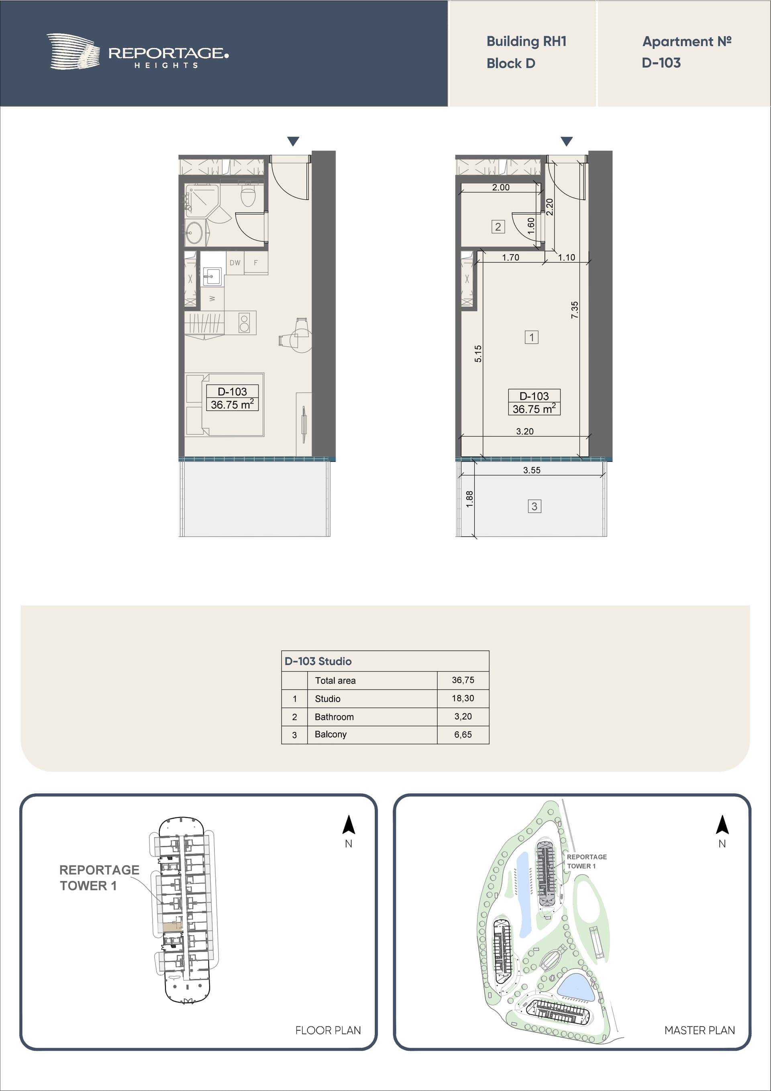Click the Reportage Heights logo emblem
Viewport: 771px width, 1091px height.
pos(73,51)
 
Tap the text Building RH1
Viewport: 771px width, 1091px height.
pos(526,41)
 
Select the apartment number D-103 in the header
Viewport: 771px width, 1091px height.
pos(661,63)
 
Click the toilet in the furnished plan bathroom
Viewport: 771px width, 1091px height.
pos(248,196)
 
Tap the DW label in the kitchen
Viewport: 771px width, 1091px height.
pos(235,262)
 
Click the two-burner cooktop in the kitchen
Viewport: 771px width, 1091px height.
pos(244,323)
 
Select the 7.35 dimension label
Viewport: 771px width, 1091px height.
pos(575,310)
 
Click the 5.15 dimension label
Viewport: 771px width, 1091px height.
pos(478,353)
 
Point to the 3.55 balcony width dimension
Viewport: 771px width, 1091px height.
pos(532,470)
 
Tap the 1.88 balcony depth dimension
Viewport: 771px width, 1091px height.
pos(470,499)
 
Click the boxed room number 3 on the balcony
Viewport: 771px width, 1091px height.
pos(534,507)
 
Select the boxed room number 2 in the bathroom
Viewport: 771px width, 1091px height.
pos(498,227)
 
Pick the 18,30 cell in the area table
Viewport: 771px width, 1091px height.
pos(463,698)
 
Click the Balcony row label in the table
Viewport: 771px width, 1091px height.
pos(330,734)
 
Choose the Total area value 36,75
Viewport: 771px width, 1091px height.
pos(463,680)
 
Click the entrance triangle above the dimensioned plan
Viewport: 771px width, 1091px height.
pos(566,141)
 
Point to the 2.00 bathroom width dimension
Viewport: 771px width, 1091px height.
pos(501,187)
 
